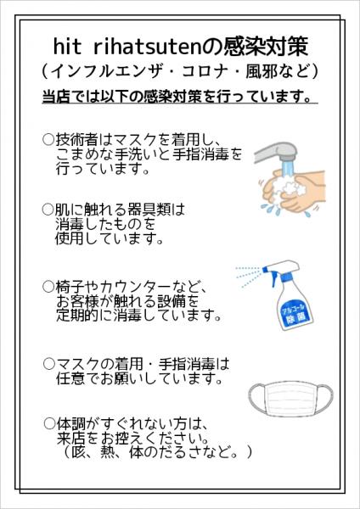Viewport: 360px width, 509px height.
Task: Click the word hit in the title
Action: (68, 44)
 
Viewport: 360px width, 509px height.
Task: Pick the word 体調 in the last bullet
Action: (68, 423)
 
